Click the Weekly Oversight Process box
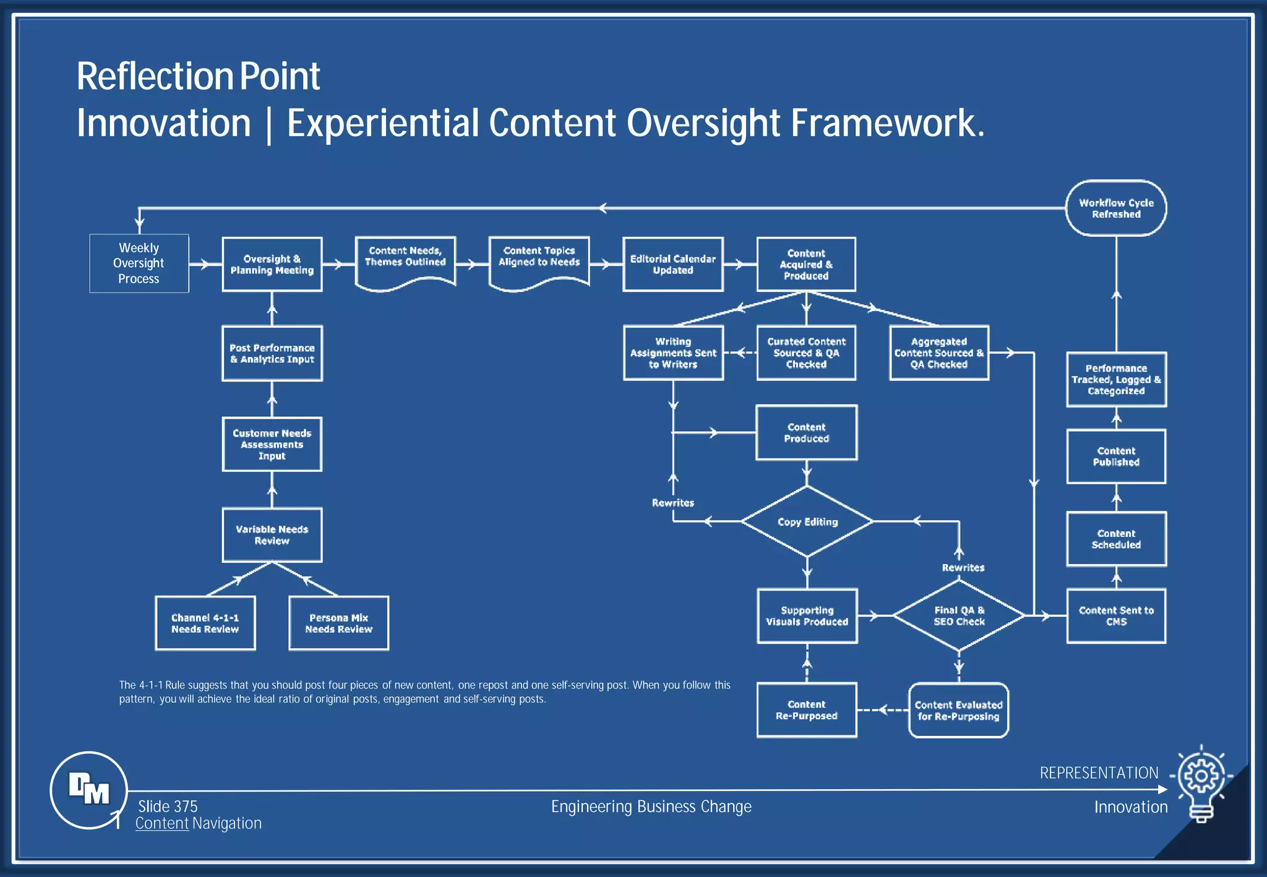[139, 263]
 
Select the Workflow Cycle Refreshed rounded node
[1116, 208]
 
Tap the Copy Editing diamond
[807, 522]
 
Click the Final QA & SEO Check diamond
[958, 616]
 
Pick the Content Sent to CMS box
[1116, 616]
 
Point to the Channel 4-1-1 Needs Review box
[205, 623]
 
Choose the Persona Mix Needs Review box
[338, 623]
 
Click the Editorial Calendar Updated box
[672, 265]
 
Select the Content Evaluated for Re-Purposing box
[958, 711]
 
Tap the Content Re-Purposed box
[807, 711]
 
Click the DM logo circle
[88, 790]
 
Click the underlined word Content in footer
[161, 823]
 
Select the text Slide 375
[168, 806]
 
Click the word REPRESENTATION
[1099, 773]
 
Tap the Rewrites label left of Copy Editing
[672, 503]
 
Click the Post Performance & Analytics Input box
[272, 354]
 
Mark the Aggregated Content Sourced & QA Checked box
[938, 353]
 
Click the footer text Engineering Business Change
[651, 806]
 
